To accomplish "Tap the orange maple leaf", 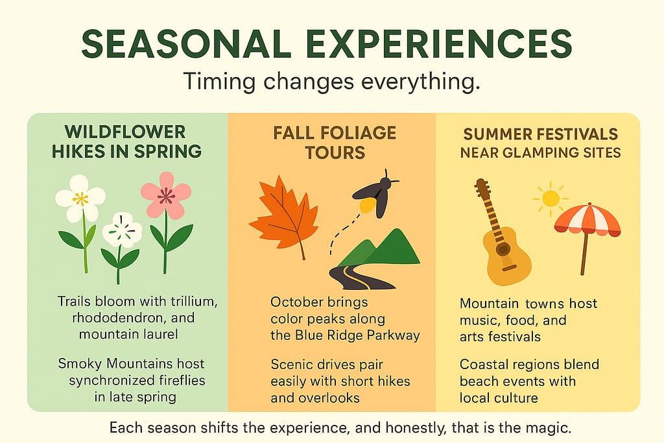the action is [x=284, y=216].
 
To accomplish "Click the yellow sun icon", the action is [x=550, y=198].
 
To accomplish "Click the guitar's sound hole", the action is [x=503, y=250].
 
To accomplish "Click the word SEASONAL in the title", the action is [x=186, y=43].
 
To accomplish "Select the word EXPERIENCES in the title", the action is [x=439, y=43].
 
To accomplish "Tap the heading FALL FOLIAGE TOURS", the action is [x=335, y=143].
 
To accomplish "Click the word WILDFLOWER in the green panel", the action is [x=125, y=132].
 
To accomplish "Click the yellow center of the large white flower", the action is [x=80, y=198].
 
